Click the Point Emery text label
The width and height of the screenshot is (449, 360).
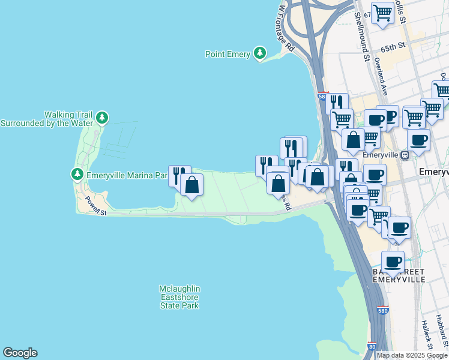pyautogui.click(x=228, y=54)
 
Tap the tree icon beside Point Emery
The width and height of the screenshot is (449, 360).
pyautogui.click(x=260, y=53)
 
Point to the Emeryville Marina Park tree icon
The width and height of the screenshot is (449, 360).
pyautogui.click(x=77, y=175)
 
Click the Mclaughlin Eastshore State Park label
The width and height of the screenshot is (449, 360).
pyautogui.click(x=179, y=297)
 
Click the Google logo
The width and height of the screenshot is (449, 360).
pyautogui.click(x=20, y=353)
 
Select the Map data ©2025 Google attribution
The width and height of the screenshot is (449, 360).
pyautogui.click(x=412, y=355)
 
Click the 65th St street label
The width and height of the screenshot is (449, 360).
pyautogui.click(x=394, y=46)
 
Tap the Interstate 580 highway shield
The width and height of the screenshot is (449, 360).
pyautogui.click(x=383, y=311)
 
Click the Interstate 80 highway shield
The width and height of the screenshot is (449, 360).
pyautogui.click(x=373, y=347)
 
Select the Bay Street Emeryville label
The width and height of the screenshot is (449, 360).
pyautogui.click(x=399, y=276)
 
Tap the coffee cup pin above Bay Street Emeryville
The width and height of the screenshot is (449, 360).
pyautogui.click(x=393, y=261)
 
